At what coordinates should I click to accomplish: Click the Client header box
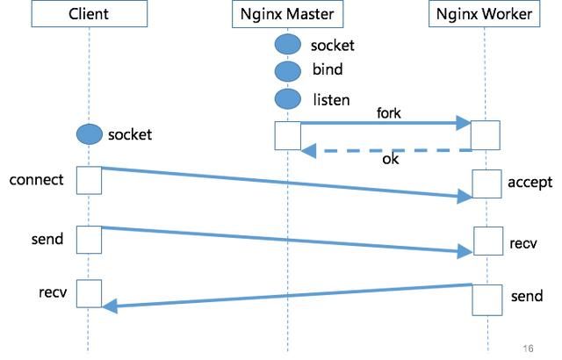(88, 15)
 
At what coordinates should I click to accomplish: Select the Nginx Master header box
(287, 15)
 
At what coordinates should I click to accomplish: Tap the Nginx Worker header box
(485, 15)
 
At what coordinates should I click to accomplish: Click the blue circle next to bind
(287, 70)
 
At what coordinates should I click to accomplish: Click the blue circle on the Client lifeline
(89, 134)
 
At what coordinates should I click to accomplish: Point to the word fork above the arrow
(389, 113)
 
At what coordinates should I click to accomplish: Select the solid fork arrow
(386, 125)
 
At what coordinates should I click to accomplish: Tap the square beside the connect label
(89, 179)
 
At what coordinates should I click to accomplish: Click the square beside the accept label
(486, 184)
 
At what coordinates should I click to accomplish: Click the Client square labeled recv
(89, 293)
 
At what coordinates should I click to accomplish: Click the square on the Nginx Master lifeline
(288, 135)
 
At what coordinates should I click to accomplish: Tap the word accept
(530, 183)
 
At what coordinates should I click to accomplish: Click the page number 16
(527, 348)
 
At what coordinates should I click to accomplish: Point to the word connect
(36, 180)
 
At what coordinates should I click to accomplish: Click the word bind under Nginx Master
(328, 70)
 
